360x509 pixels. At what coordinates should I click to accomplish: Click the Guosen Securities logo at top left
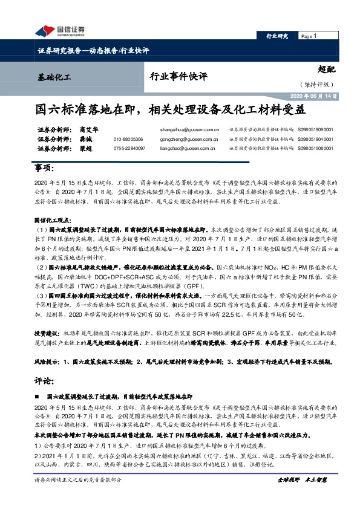[61, 31]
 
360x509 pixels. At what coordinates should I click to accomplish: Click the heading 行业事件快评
[178, 77]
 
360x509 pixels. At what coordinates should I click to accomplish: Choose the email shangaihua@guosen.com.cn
[189, 129]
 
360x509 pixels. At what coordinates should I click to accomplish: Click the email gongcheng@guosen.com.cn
[189, 138]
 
